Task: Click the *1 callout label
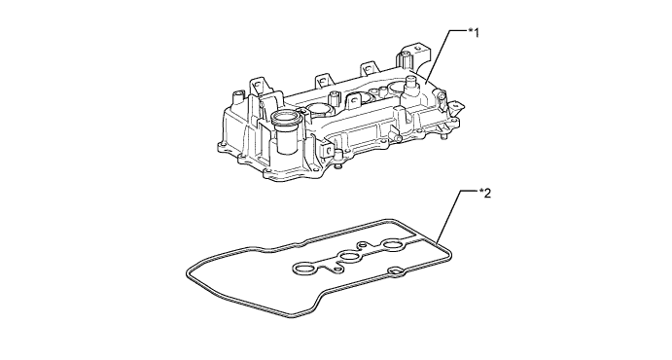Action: coord(476,33)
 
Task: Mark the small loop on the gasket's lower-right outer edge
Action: coord(398,270)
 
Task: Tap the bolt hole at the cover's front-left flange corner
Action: coord(222,147)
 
